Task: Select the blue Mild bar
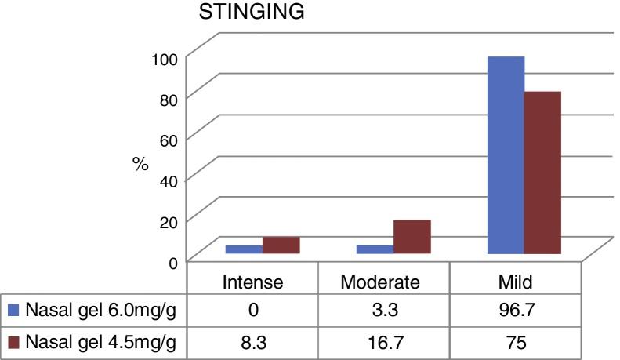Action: [506, 155]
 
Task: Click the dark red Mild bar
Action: [542, 173]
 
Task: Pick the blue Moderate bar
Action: [375, 249]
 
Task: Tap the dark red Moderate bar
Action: [412, 236]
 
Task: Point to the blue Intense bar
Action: [244, 249]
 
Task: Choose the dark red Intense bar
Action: [281, 245]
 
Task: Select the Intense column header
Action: [252, 281]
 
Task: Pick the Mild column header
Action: [514, 281]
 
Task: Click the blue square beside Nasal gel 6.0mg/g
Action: [13, 311]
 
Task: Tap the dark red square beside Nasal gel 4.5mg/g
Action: [13, 343]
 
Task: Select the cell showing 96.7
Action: [514, 311]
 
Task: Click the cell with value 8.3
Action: [252, 343]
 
